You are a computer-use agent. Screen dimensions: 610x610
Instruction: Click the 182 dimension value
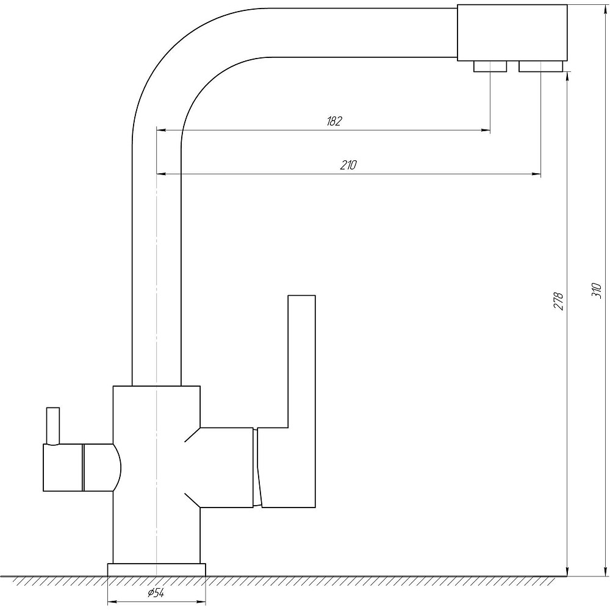coord(334,121)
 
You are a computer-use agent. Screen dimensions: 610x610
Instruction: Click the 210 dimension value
coord(348,165)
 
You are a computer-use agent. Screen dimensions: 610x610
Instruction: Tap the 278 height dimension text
coord(559,301)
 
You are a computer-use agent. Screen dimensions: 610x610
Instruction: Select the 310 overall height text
coord(597,290)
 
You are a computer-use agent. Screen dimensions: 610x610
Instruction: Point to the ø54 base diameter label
coord(156,593)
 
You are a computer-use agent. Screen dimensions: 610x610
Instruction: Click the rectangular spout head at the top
coord(512,33)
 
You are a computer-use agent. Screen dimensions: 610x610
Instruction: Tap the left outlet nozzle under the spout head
coord(490,66)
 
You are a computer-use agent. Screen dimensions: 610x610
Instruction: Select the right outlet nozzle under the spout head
coord(540,66)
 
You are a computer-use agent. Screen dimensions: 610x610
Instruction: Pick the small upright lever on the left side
coord(53,426)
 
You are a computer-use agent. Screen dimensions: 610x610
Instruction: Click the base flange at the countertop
coord(156,569)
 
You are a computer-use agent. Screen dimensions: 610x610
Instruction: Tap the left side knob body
coord(63,468)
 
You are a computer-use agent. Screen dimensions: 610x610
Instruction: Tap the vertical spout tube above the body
coord(156,265)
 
